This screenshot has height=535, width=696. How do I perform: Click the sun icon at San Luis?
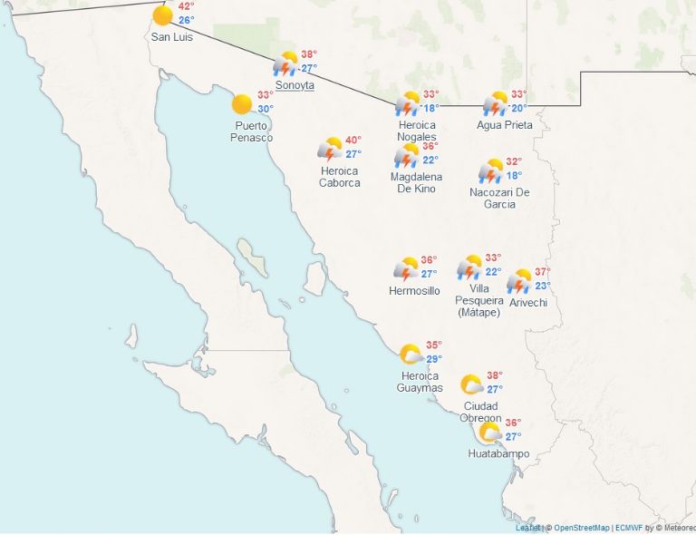(163, 15)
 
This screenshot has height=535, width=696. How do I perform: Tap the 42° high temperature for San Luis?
(186, 6)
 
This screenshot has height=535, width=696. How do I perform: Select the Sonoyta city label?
(295, 85)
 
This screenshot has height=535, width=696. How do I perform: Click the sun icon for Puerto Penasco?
(242, 104)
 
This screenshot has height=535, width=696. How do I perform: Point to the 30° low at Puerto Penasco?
(266, 109)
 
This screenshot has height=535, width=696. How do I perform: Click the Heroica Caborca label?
(339, 177)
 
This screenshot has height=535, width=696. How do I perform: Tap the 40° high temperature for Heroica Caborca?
(353, 141)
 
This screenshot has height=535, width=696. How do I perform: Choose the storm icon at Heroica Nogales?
(408, 103)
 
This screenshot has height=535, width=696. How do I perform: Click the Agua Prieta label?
(505, 125)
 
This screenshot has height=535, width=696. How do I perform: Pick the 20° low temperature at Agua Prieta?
(518, 108)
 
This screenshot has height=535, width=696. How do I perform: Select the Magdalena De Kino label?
(416, 182)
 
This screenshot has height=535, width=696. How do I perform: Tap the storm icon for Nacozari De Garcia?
(491, 171)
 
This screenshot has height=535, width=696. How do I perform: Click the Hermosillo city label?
(414, 291)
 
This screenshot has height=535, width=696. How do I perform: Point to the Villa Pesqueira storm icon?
(469, 267)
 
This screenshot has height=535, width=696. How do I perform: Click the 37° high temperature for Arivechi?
(542, 272)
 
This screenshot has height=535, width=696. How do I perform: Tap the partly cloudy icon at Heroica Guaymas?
(411, 355)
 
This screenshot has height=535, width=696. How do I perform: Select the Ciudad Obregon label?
(480, 412)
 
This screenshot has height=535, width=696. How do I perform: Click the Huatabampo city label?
(498, 453)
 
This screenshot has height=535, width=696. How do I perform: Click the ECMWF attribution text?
(628, 528)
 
